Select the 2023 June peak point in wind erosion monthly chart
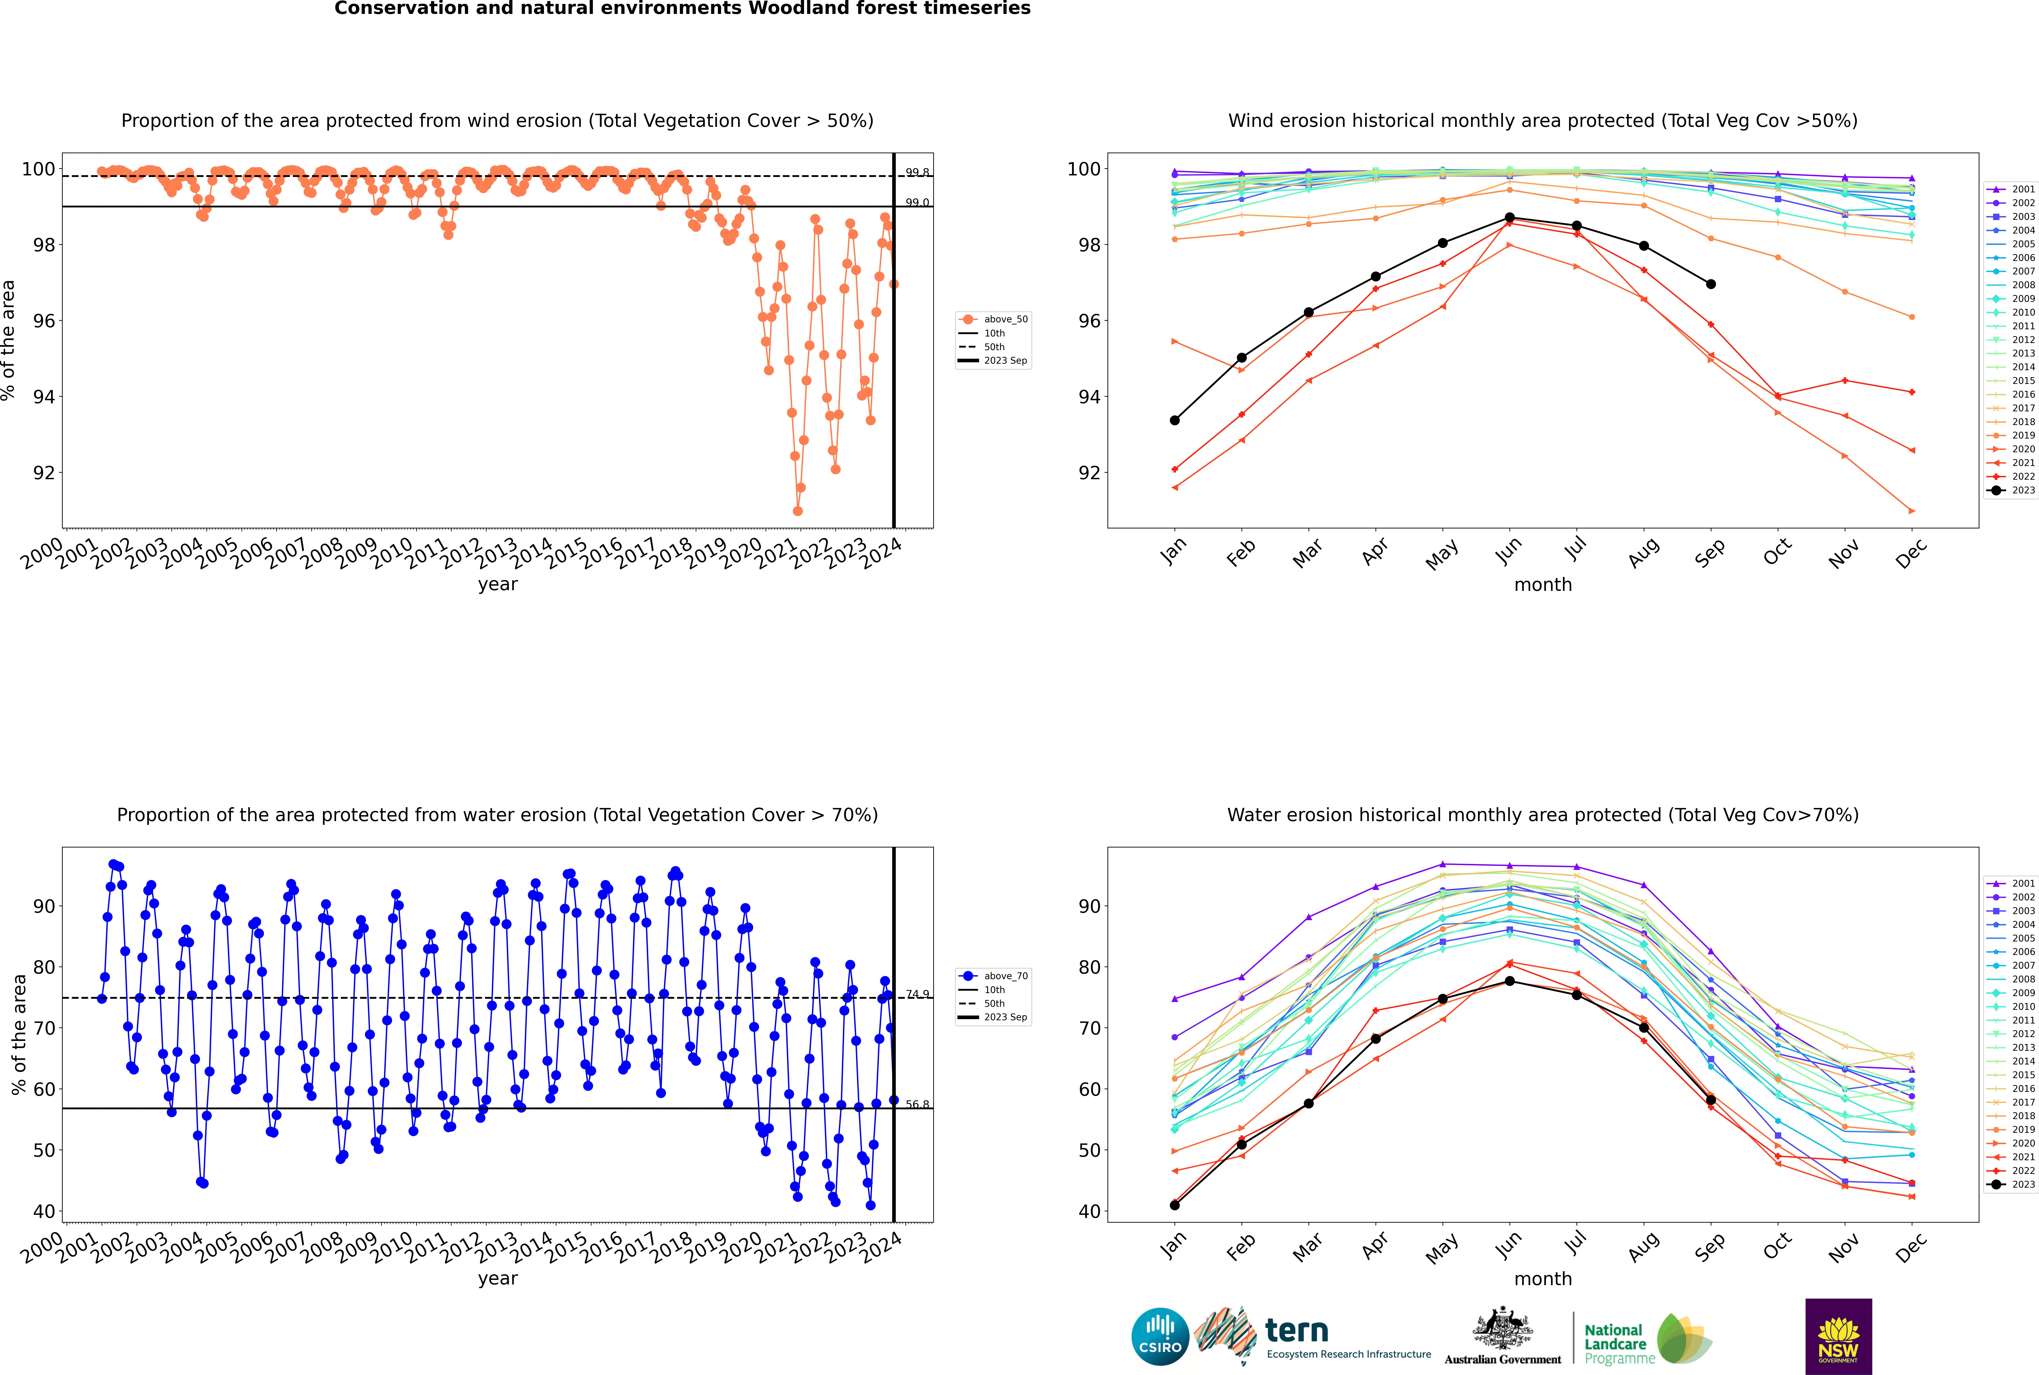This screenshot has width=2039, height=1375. click(1510, 217)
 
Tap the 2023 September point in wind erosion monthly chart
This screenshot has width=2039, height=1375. click(1710, 284)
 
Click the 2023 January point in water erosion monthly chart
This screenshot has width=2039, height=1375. click(1175, 1205)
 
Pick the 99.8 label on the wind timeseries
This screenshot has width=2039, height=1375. click(917, 173)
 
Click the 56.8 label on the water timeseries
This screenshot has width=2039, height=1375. click(917, 1104)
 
